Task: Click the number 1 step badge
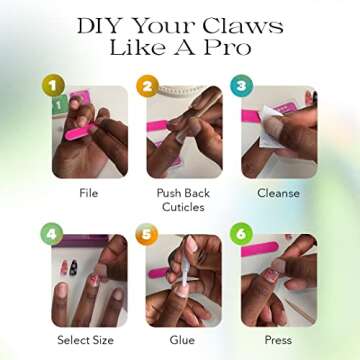[x=53, y=85]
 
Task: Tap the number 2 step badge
[x=147, y=86]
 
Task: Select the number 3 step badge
[x=242, y=86]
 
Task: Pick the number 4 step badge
[x=52, y=234]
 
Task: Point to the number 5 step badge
[x=147, y=234]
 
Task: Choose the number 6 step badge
[x=241, y=234]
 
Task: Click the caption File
[x=89, y=193]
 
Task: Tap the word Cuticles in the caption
[x=183, y=207]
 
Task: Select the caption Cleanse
[x=278, y=193]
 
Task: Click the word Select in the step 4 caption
[x=72, y=340]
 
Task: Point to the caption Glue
[x=182, y=340]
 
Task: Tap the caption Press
[x=278, y=340]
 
